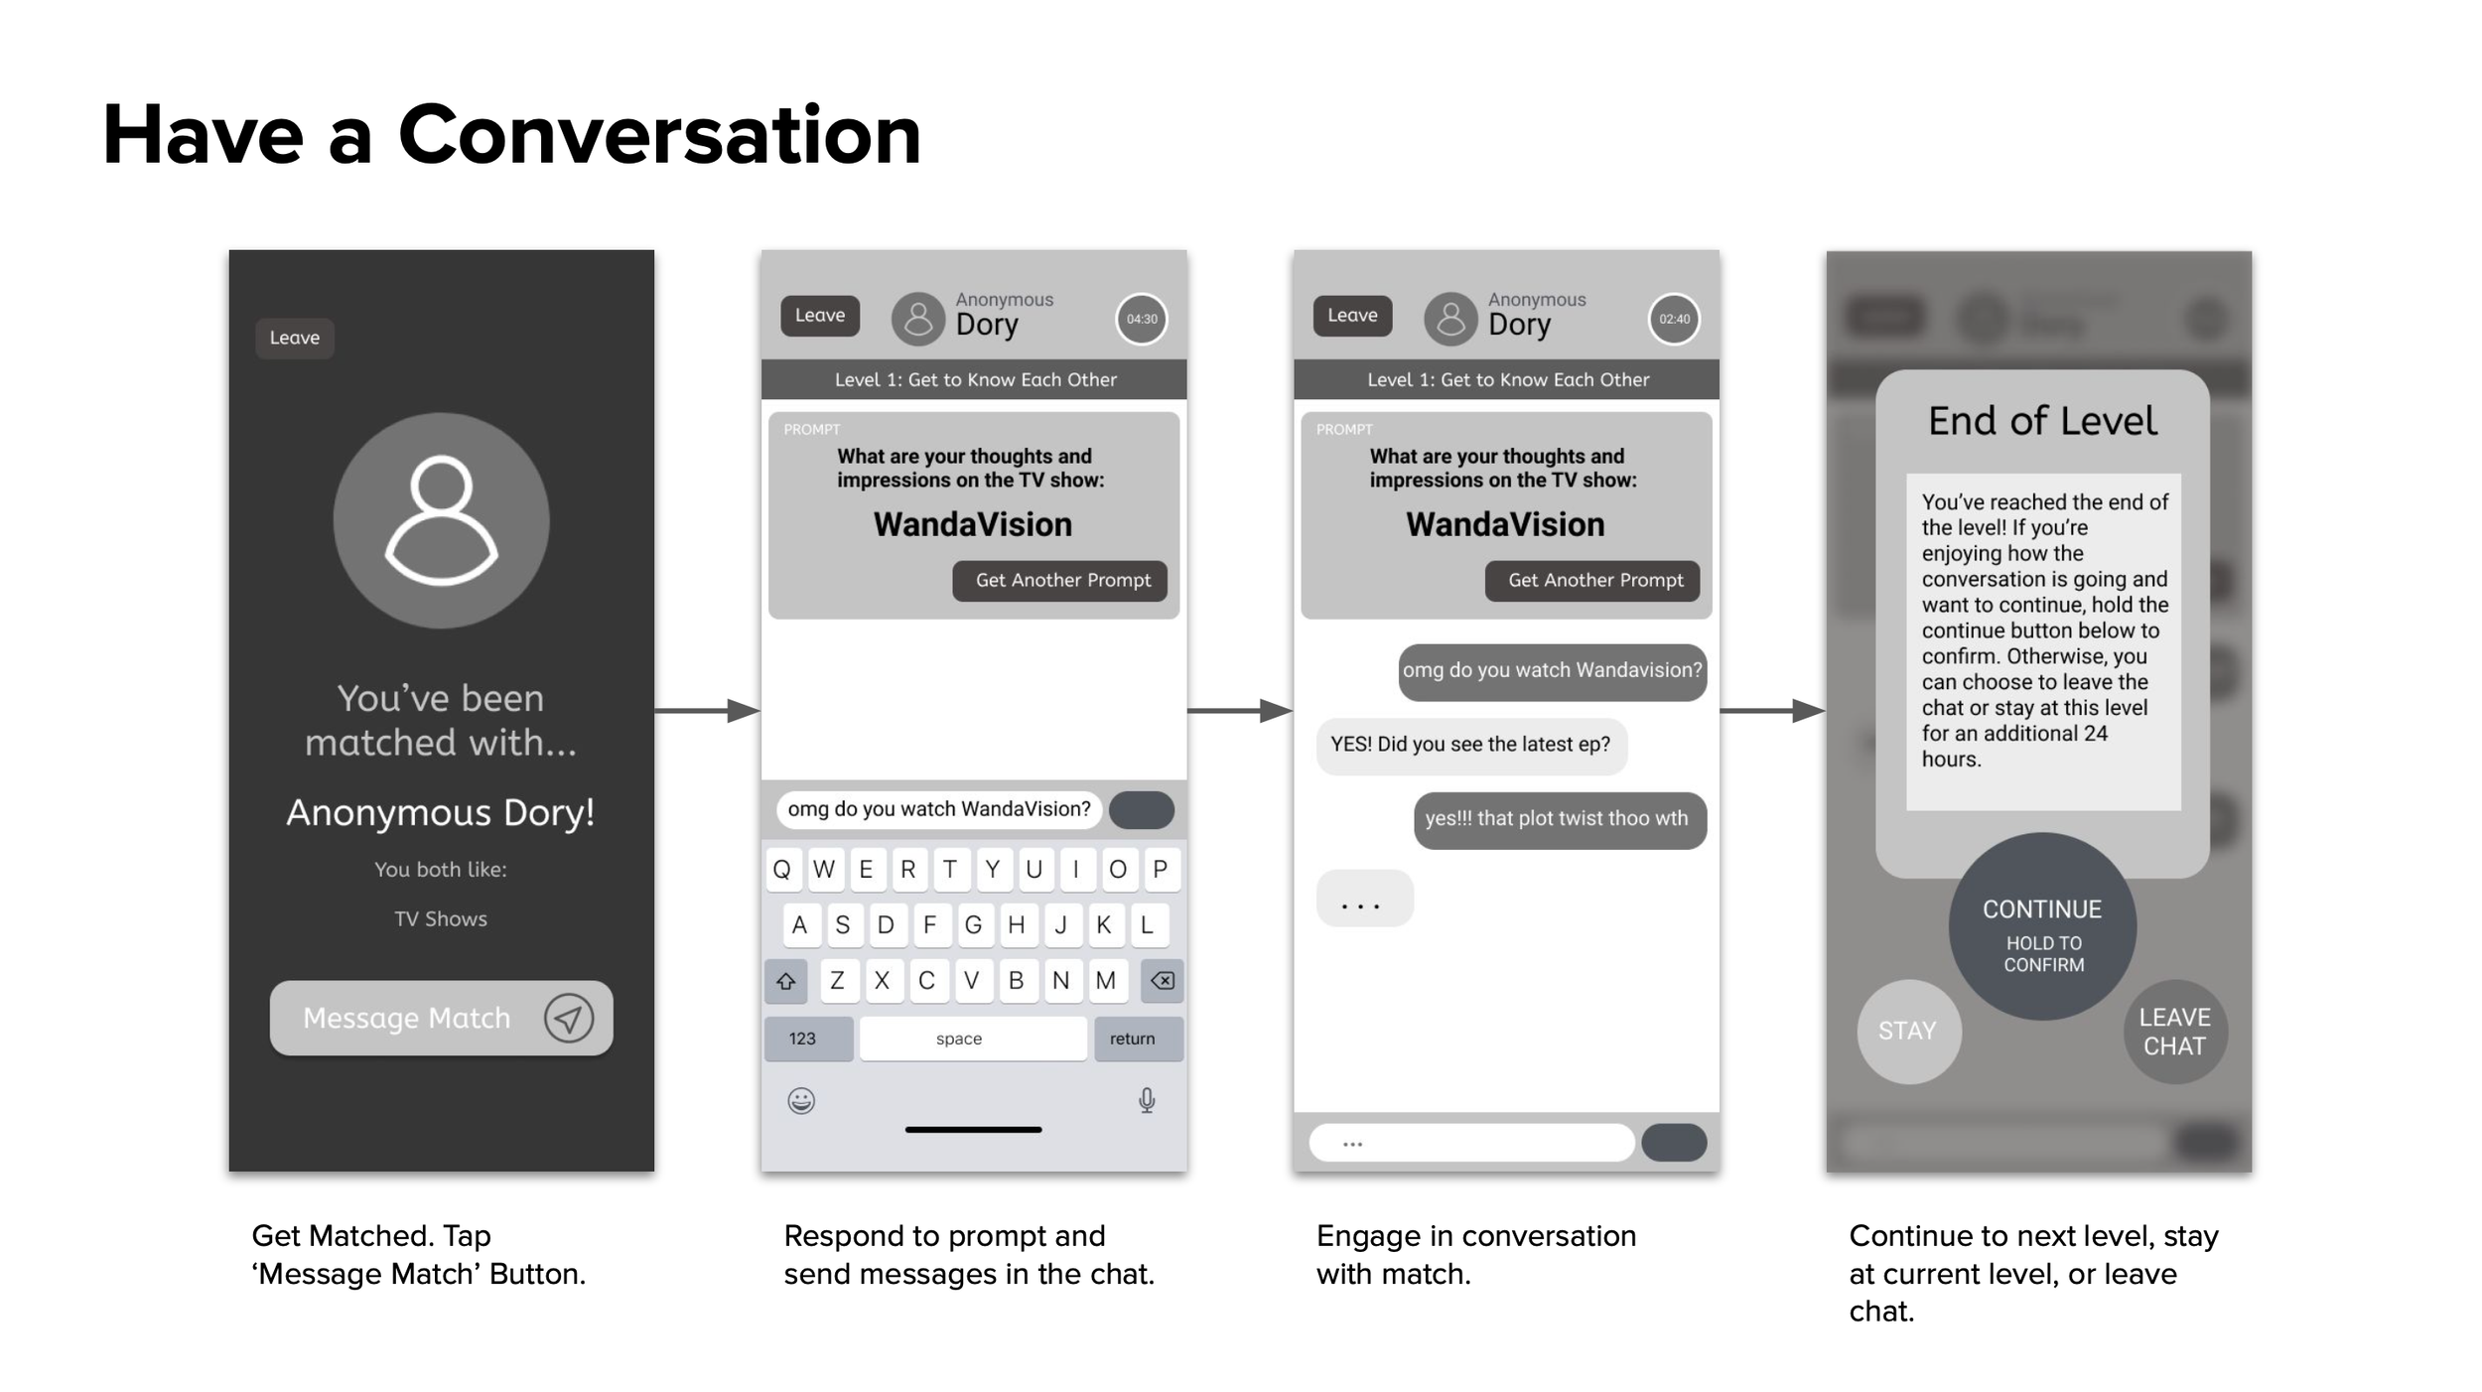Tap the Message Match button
tap(441, 1018)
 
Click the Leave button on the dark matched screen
tap(295, 338)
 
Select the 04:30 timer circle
tap(1141, 319)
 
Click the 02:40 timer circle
tap(1674, 319)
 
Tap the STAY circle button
tap(1908, 1031)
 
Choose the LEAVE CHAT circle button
tap(2174, 1032)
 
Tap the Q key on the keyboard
tap(782, 870)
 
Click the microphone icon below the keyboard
tap(1147, 1100)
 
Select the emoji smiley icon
tap(801, 1100)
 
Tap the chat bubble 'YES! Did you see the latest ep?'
tap(1470, 745)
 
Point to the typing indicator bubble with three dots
tap(1363, 899)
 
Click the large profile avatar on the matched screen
tap(441, 520)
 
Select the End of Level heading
tap(2042, 421)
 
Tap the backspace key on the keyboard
tap(1162, 981)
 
